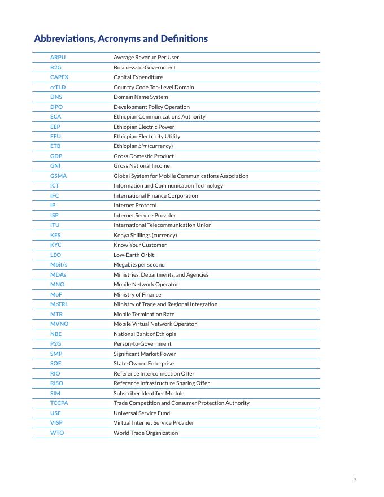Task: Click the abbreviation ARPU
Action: click(x=58, y=58)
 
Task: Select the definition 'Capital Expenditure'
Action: click(x=138, y=77)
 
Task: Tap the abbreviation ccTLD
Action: click(x=59, y=87)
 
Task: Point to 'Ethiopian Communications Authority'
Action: click(x=159, y=117)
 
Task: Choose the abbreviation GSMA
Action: click(x=58, y=176)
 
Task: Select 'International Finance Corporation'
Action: click(x=156, y=195)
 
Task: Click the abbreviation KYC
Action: click(x=56, y=245)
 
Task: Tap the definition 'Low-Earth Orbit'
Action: click(x=134, y=255)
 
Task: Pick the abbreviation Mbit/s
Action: click(x=59, y=264)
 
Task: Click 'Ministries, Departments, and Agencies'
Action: click(x=161, y=274)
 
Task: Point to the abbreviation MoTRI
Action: click(x=59, y=304)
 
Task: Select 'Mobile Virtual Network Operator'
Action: click(x=155, y=324)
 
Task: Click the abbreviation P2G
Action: click(x=55, y=343)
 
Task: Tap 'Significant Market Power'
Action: click(x=145, y=354)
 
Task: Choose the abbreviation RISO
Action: click(x=56, y=383)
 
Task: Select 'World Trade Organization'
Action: click(x=146, y=433)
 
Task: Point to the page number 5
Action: click(x=355, y=479)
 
